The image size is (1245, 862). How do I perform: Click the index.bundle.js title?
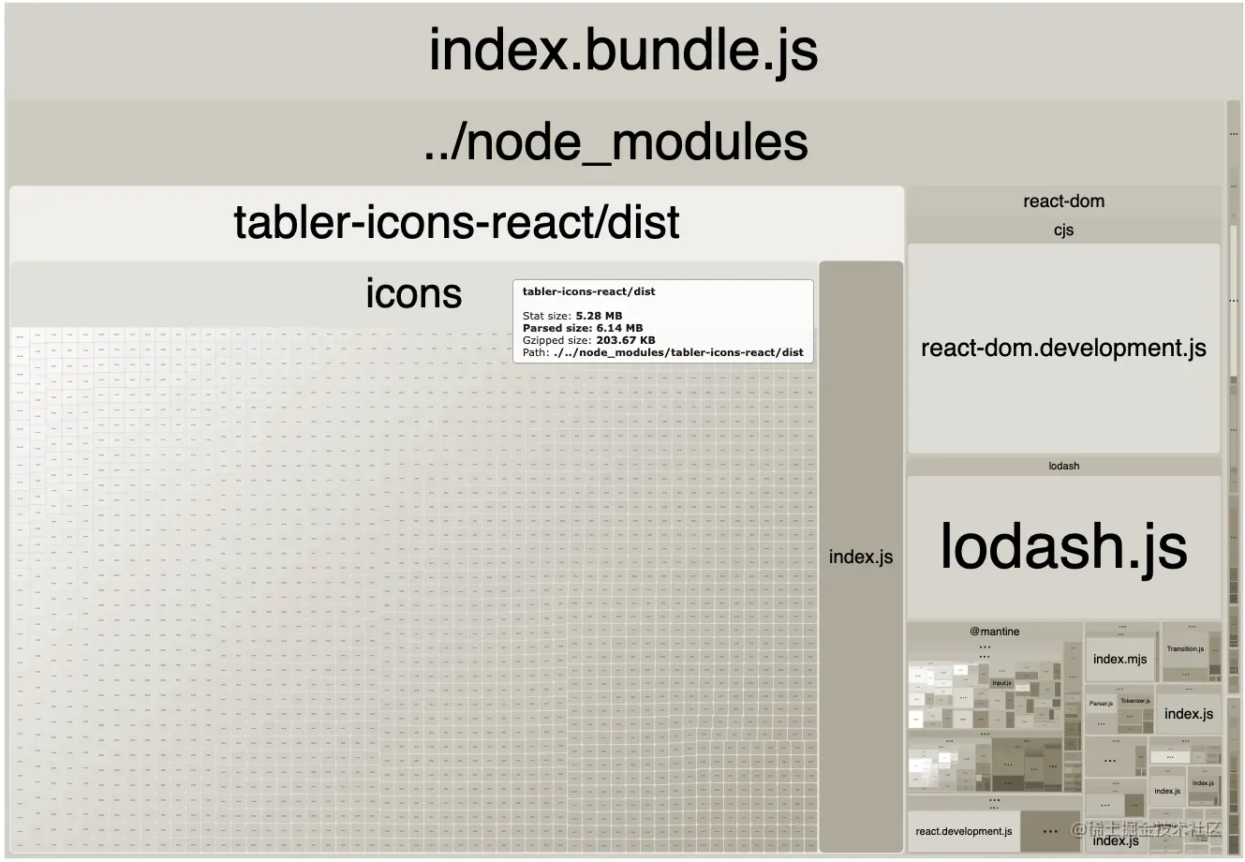click(623, 50)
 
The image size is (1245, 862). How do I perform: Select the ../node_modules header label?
click(615, 142)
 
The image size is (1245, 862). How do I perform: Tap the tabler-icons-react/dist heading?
click(456, 223)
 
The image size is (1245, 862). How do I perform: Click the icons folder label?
click(413, 293)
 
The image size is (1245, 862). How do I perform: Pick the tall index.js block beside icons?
click(861, 557)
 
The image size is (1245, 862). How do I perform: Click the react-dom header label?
click(1063, 201)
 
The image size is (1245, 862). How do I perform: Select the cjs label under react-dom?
click(1063, 230)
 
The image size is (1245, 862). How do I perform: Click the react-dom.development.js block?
click(1063, 349)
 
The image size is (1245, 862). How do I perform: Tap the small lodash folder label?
click(1063, 466)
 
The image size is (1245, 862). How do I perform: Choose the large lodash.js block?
click(1063, 546)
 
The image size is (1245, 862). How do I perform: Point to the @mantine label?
click(995, 632)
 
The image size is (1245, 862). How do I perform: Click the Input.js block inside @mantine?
click(1001, 683)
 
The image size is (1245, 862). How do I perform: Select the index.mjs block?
click(1119, 659)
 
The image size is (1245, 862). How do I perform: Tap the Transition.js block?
click(1185, 649)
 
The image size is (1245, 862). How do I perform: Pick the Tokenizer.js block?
click(1134, 701)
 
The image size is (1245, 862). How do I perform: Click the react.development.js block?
click(964, 831)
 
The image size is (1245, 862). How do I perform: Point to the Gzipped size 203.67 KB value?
click(625, 340)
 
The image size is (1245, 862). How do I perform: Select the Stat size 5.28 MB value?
click(599, 316)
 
